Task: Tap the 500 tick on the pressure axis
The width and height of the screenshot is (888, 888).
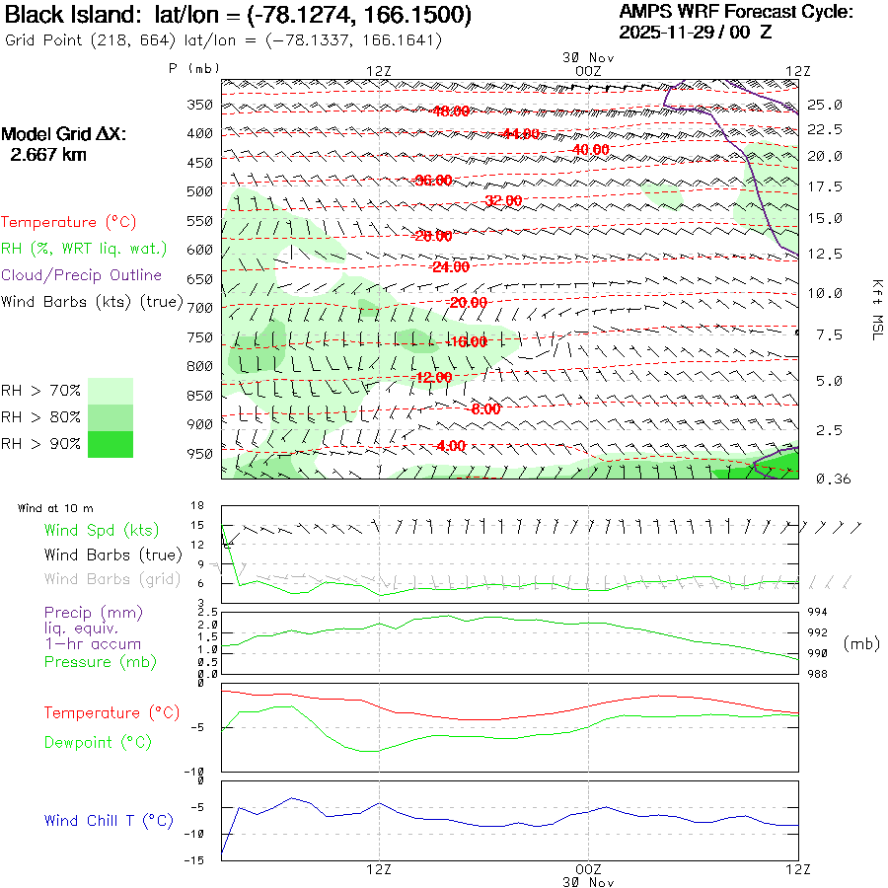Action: point(200,191)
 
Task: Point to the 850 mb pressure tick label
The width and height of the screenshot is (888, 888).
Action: point(200,396)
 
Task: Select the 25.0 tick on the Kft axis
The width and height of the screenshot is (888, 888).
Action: point(825,105)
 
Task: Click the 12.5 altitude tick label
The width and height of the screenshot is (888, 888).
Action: point(825,254)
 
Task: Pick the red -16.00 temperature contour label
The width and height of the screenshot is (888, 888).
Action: point(467,342)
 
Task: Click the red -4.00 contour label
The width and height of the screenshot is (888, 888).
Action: point(449,446)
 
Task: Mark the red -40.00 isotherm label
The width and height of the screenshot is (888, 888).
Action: point(590,149)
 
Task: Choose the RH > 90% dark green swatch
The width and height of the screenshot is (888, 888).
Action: point(111,444)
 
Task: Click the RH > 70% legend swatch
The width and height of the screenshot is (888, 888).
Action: point(111,391)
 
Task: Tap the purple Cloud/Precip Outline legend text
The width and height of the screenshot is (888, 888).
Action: point(82,275)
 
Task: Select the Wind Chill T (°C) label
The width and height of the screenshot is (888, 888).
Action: point(109,820)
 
